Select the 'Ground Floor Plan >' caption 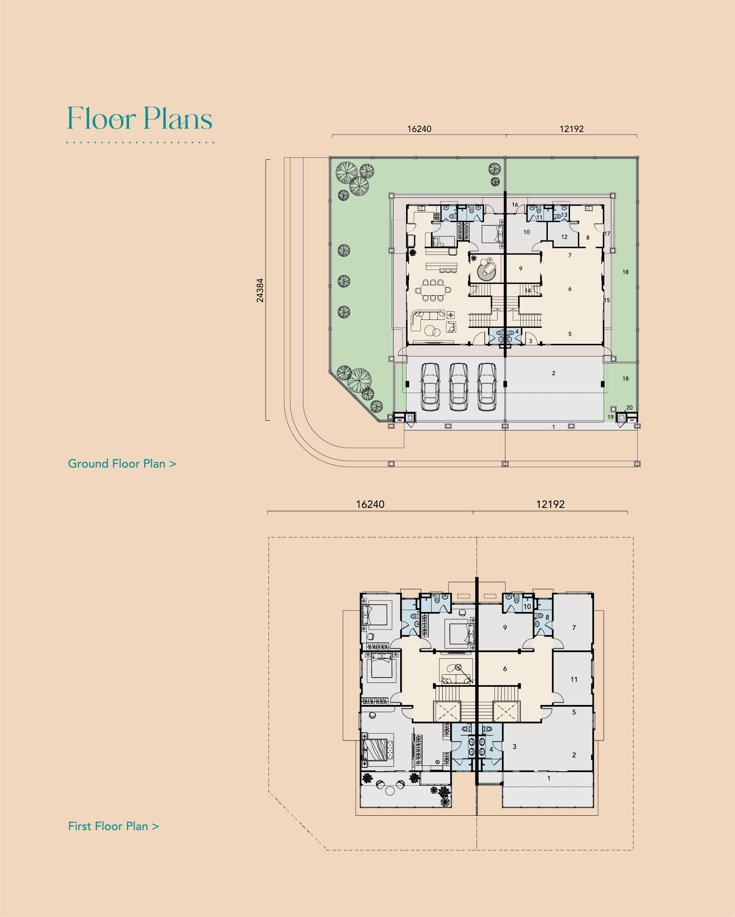pyautogui.click(x=122, y=464)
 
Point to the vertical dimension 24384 pyautogui.click(x=260, y=290)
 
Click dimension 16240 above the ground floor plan pyautogui.click(x=419, y=129)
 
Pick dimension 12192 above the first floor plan pyautogui.click(x=550, y=504)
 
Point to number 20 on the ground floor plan pyautogui.click(x=629, y=407)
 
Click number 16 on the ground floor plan pyautogui.click(x=515, y=205)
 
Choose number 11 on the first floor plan pyautogui.click(x=574, y=679)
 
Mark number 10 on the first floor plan pyautogui.click(x=527, y=607)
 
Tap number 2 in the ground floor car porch pyautogui.click(x=553, y=373)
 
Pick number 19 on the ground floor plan pyautogui.click(x=610, y=417)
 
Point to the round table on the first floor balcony pyautogui.click(x=390, y=791)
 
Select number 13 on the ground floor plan pyautogui.click(x=564, y=215)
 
